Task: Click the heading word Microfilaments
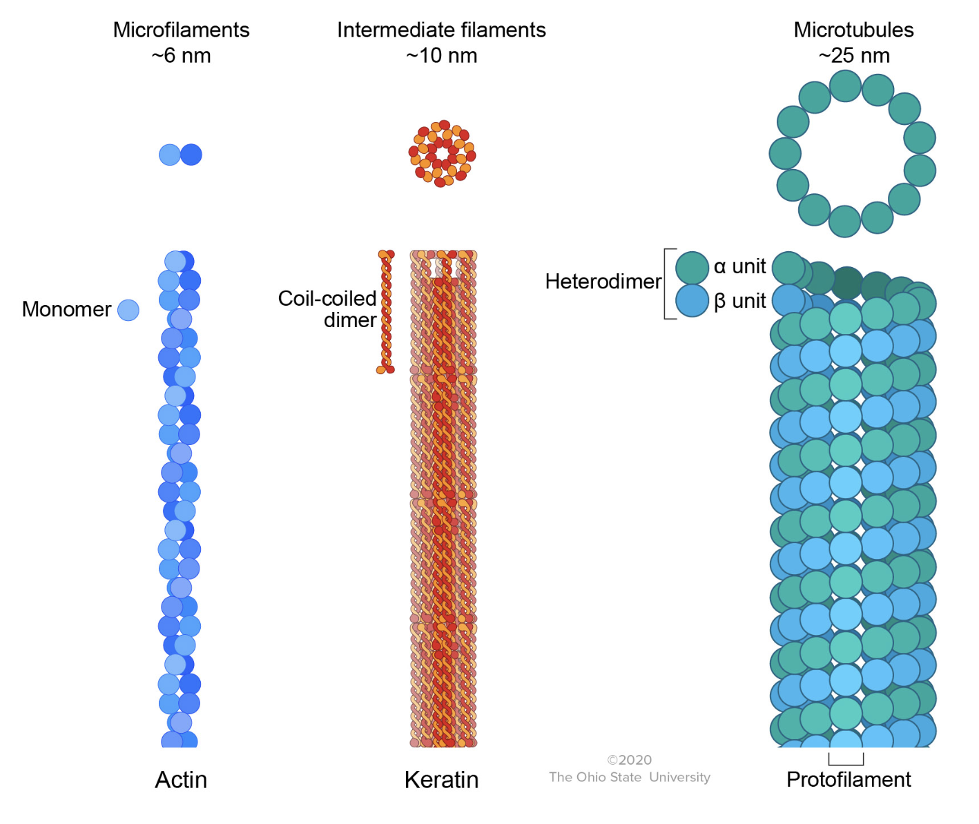click(181, 30)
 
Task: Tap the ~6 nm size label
click(181, 56)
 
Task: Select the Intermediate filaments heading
click(441, 30)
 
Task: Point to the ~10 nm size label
click(441, 56)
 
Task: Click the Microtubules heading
click(853, 30)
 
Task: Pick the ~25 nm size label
click(853, 56)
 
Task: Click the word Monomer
click(66, 309)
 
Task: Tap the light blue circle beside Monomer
click(128, 311)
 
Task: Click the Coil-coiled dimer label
click(327, 309)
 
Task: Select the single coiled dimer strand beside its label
click(386, 312)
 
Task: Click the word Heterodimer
click(603, 282)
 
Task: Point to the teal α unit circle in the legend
click(692, 268)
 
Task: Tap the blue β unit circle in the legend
click(692, 301)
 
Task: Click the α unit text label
click(739, 266)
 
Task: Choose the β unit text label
click(739, 301)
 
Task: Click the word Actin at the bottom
click(181, 780)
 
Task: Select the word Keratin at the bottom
click(441, 780)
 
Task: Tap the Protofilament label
click(849, 780)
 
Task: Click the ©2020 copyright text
click(629, 760)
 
